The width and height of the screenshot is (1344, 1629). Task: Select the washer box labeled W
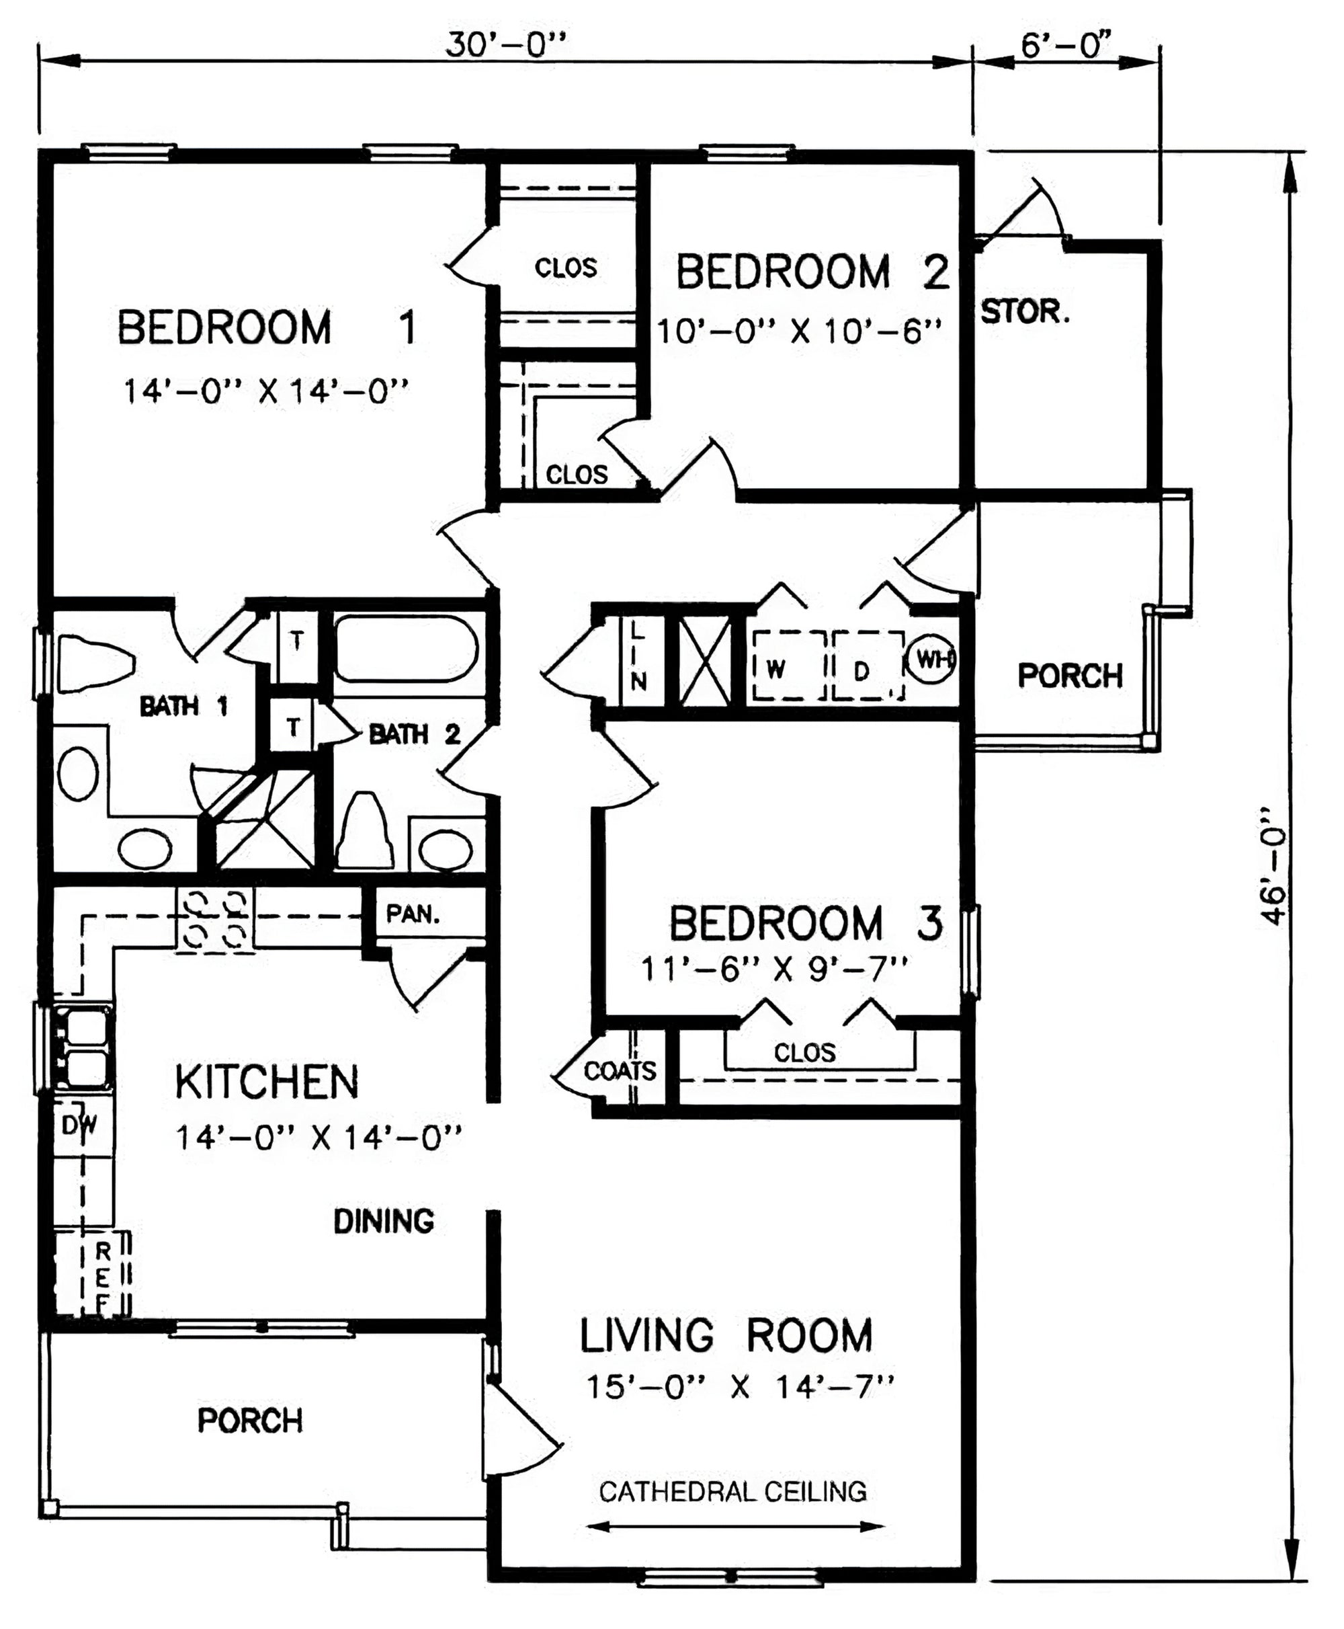pos(789,666)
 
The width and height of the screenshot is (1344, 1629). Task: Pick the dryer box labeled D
pos(868,666)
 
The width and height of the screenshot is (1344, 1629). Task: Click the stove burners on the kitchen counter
pos(215,920)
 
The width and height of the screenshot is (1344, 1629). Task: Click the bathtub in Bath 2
pos(407,648)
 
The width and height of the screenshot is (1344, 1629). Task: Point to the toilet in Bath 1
pos(97,663)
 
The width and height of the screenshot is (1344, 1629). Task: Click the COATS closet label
pos(620,1071)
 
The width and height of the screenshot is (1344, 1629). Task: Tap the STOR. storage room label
pos(1025,312)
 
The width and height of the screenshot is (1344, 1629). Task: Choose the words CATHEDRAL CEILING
pos(732,1491)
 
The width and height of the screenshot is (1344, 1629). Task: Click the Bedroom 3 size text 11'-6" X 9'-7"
pos(774,968)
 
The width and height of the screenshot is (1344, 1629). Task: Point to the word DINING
pos(383,1222)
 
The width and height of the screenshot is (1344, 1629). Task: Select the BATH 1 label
pos(183,706)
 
